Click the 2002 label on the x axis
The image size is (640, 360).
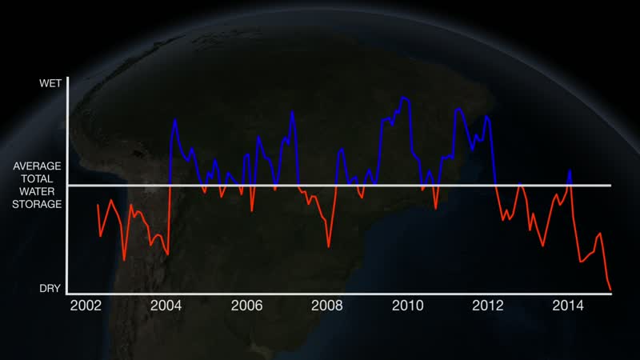pyautogui.click(x=86, y=305)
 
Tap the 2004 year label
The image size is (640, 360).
pyautogui.click(x=166, y=305)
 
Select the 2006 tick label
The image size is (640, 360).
pyautogui.click(x=246, y=305)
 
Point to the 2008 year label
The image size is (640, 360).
pyautogui.click(x=327, y=305)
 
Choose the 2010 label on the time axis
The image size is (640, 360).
pyautogui.click(x=407, y=305)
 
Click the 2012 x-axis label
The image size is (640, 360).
pyautogui.click(x=488, y=305)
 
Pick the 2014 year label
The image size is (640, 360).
pyautogui.click(x=569, y=305)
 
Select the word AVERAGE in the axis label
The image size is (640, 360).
pyautogui.click(x=38, y=166)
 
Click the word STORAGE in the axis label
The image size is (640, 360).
pyautogui.click(x=38, y=204)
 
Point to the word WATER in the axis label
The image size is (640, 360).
pyautogui.click(x=38, y=191)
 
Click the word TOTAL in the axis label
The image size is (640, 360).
pyautogui.click(x=38, y=178)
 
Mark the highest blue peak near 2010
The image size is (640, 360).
pyautogui.click(x=404, y=98)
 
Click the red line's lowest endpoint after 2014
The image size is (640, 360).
pyautogui.click(x=610, y=290)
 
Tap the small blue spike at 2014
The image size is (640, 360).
pyautogui.click(x=570, y=170)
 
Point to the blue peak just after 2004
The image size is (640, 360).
pyautogui.click(x=175, y=120)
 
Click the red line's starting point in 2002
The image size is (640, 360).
pyautogui.click(x=98, y=205)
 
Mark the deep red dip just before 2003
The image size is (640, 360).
pyautogui.click(x=125, y=259)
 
